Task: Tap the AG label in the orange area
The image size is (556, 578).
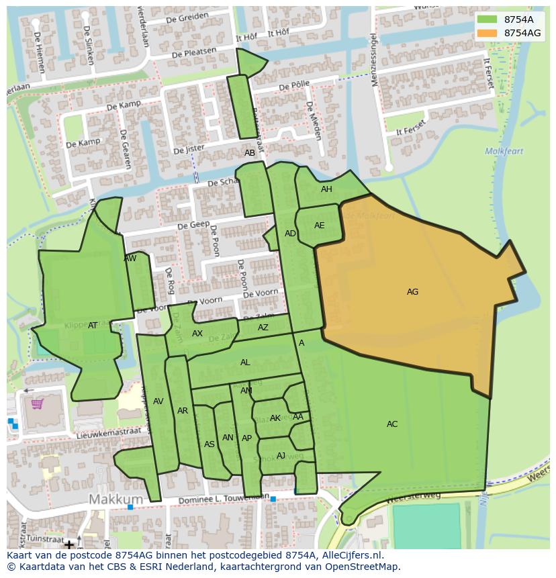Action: coord(412,292)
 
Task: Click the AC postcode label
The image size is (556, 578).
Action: coord(392,424)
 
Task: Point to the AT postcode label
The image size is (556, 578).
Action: coord(93,326)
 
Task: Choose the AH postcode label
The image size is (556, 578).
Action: coord(326,189)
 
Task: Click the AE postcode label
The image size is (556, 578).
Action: coord(319,226)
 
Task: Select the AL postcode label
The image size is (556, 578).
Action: coord(245,363)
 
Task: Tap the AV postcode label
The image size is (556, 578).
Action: coord(158,401)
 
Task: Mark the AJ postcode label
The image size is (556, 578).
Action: coord(281,456)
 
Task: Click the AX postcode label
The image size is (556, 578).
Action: coord(197,334)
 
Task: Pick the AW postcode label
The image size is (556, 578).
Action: coord(130,258)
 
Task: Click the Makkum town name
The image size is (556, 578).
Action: coord(116,499)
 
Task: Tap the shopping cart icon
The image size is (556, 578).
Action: coord(37,403)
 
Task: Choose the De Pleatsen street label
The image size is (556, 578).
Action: coord(194,52)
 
